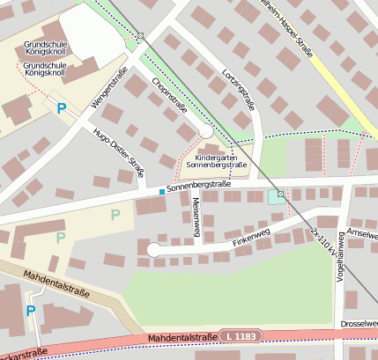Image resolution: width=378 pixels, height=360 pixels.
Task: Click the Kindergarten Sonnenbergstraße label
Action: [216, 160]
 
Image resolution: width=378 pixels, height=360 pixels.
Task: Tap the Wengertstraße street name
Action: [109, 88]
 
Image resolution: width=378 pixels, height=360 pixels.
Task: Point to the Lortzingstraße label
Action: [239, 89]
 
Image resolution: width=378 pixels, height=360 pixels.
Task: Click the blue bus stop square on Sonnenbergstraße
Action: [160, 191]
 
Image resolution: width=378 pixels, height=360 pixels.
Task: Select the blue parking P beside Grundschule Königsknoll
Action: [62, 108]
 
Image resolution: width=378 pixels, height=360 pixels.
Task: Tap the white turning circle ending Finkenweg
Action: [153, 250]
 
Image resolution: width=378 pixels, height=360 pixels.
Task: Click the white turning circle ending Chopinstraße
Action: [205, 130]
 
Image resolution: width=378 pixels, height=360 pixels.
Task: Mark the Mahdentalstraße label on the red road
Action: [182, 337]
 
